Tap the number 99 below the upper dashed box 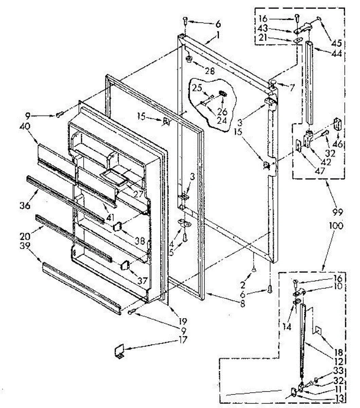click(338, 213)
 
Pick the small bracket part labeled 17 click(119, 351)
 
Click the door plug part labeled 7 click(273, 83)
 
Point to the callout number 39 click(25, 245)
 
